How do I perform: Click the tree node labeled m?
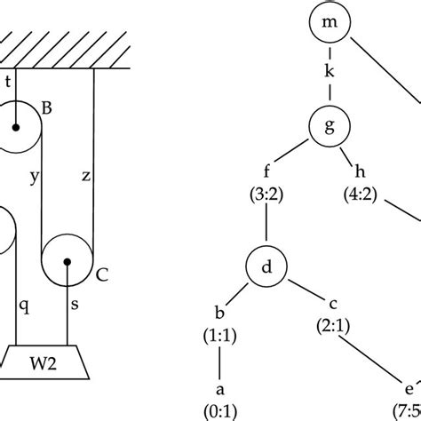coord(328,24)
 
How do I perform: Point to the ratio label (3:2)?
coord(269,197)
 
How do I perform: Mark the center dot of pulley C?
coord(68,261)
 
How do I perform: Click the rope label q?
coord(25,304)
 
